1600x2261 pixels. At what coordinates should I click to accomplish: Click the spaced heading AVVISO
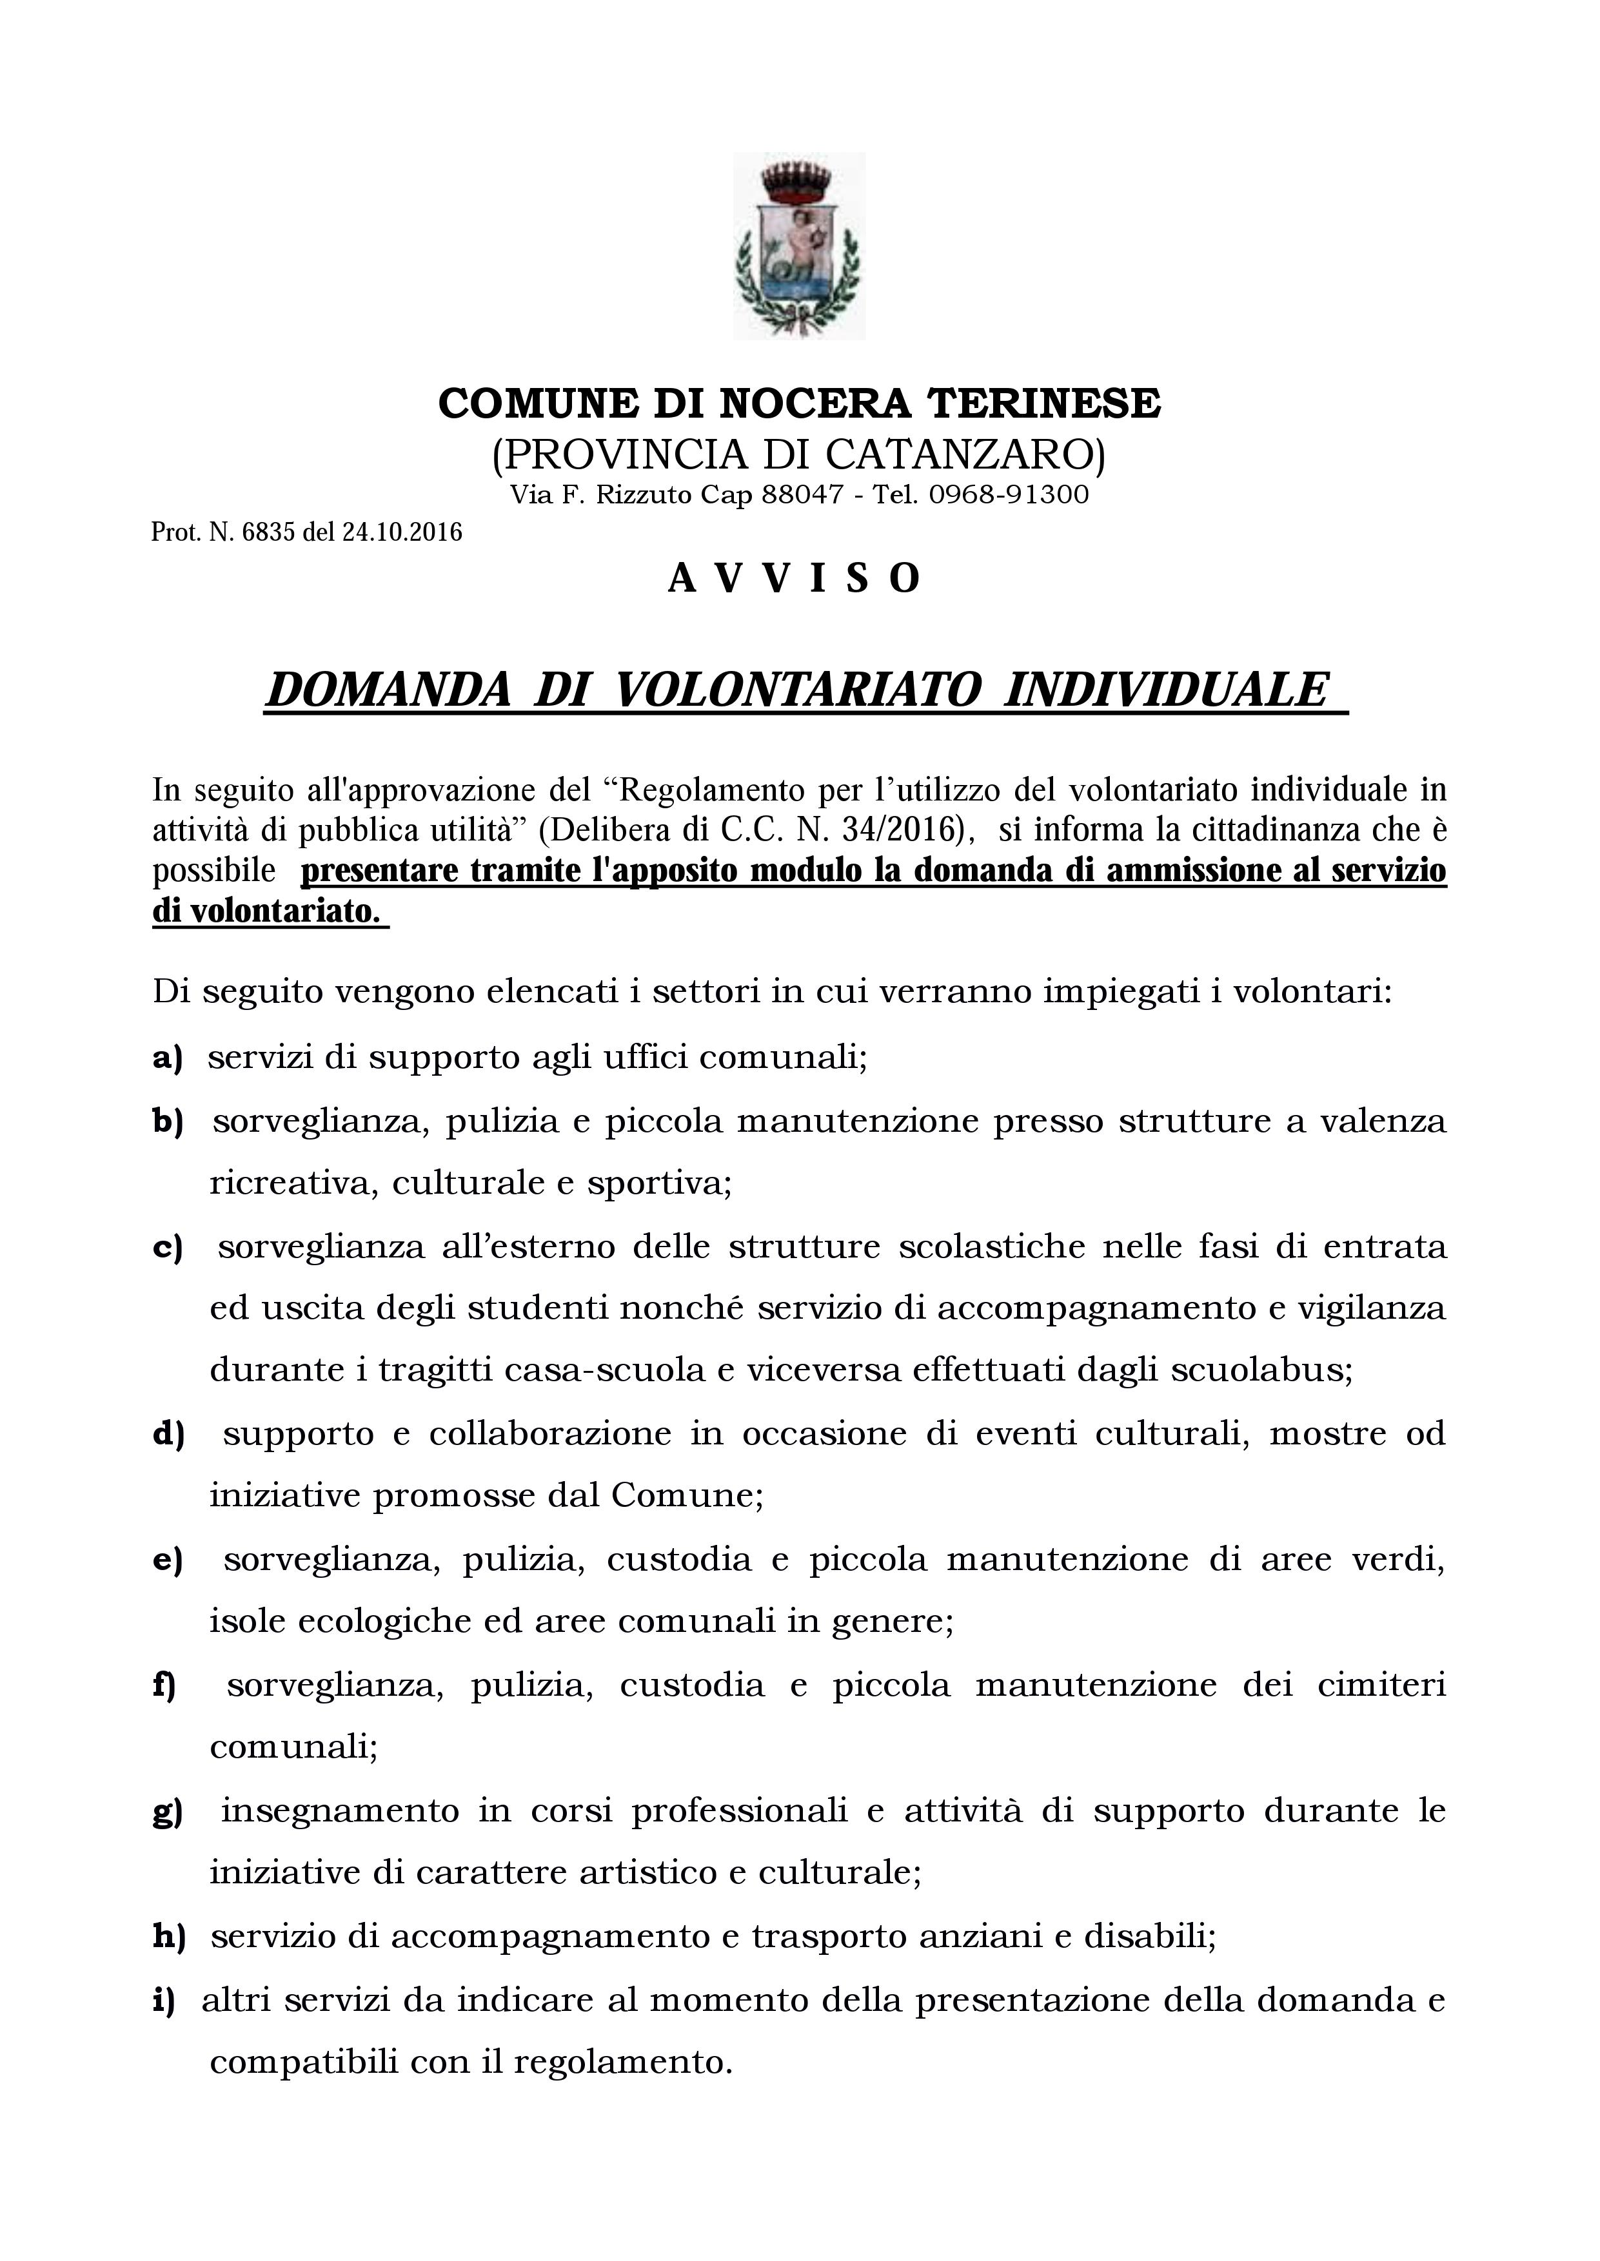tap(794, 579)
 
